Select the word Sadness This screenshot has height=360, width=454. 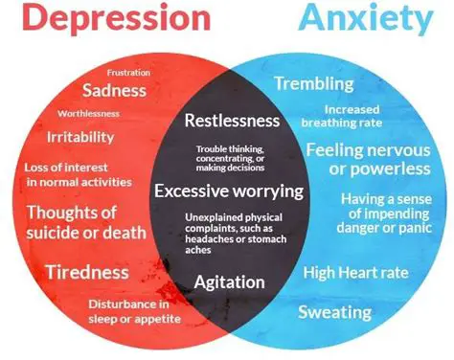(x=114, y=91)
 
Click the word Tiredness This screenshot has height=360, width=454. (x=88, y=272)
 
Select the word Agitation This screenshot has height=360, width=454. (x=230, y=282)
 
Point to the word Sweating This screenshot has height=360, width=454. (x=334, y=312)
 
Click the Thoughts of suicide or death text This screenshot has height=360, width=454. (x=86, y=221)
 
